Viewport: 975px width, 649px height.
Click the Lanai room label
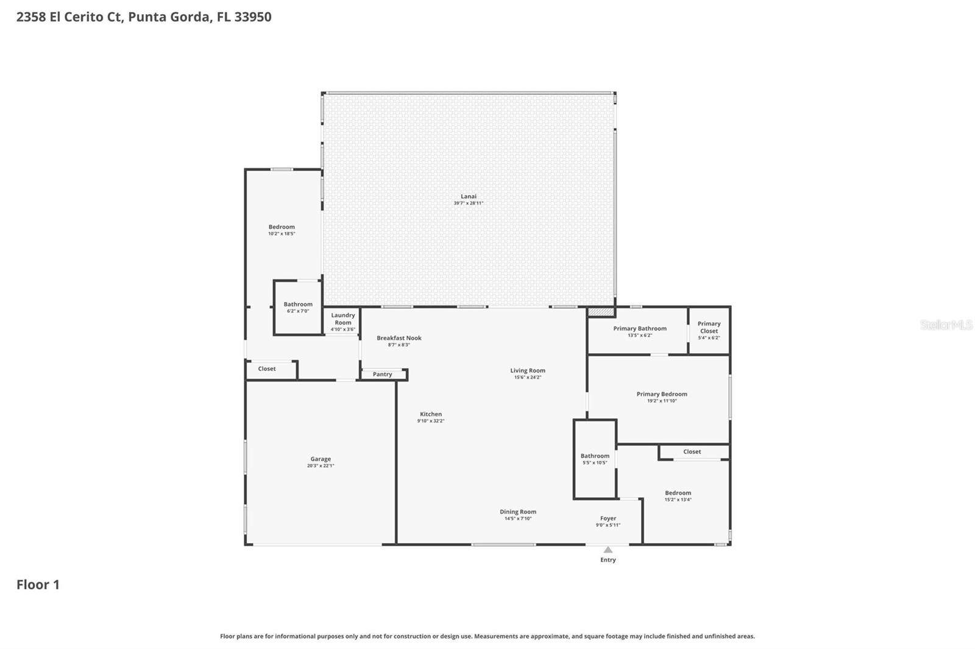pyautogui.click(x=468, y=196)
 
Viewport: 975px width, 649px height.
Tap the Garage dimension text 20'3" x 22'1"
pyautogui.click(x=321, y=466)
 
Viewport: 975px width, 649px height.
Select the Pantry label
pyautogui.click(x=382, y=374)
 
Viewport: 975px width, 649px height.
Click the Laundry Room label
pyautogui.click(x=343, y=319)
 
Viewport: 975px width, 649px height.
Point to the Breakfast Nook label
pyautogui.click(x=399, y=338)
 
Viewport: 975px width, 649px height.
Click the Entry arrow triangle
pyautogui.click(x=608, y=550)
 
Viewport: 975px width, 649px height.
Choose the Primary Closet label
pyautogui.click(x=709, y=328)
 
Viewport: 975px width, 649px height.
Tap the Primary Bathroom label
pyautogui.click(x=640, y=328)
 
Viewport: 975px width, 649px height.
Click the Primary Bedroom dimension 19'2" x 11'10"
pyautogui.click(x=662, y=401)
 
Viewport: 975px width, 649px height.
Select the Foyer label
pyautogui.click(x=608, y=518)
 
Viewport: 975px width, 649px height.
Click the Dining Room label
pyautogui.click(x=518, y=512)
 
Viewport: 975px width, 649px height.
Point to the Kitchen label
pyautogui.click(x=431, y=414)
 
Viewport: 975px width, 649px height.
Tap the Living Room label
pyautogui.click(x=528, y=370)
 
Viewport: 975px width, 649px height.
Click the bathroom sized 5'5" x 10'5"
pyautogui.click(x=595, y=459)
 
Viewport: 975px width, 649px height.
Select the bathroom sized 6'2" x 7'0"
pyautogui.click(x=298, y=307)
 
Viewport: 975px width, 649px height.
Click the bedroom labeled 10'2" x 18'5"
pyautogui.click(x=282, y=230)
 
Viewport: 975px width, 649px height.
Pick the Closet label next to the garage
pyautogui.click(x=267, y=369)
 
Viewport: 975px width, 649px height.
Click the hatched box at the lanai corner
pyautogui.click(x=601, y=312)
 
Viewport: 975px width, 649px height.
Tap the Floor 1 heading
pyautogui.click(x=38, y=584)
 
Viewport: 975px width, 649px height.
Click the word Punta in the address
pyautogui.click(x=146, y=16)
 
